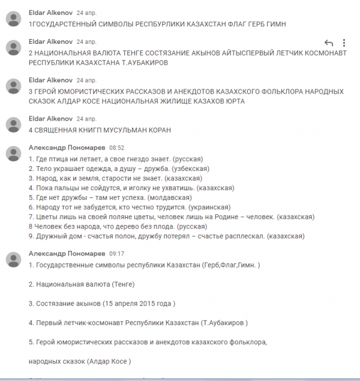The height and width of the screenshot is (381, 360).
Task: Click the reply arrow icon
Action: point(328,43)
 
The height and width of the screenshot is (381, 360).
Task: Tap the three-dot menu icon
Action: point(344,43)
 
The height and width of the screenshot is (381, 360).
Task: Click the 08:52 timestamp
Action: point(116,147)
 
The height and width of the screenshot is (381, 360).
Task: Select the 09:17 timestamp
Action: point(116,254)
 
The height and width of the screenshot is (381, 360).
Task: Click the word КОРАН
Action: point(158,130)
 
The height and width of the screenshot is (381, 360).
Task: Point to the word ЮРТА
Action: point(235,101)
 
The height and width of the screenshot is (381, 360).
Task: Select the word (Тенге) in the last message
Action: point(122,284)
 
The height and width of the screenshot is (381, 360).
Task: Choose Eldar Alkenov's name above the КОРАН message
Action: point(50,119)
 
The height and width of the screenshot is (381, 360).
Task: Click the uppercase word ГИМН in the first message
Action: point(276,24)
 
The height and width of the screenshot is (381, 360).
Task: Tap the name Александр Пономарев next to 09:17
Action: point(67,254)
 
